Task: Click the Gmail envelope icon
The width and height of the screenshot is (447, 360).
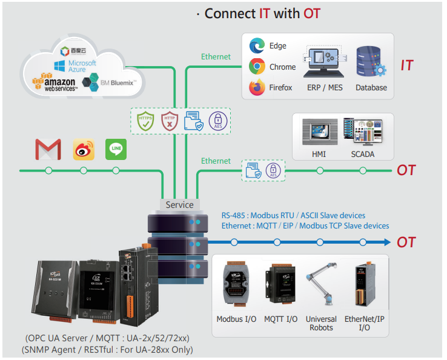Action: (x=48, y=149)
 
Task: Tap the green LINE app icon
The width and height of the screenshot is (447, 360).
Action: (x=116, y=149)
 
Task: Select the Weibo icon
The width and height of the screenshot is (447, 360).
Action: (x=84, y=149)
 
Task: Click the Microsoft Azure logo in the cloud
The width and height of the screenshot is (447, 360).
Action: (x=75, y=65)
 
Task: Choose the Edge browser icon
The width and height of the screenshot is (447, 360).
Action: (x=257, y=46)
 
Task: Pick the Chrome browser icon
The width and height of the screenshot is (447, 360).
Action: (x=257, y=67)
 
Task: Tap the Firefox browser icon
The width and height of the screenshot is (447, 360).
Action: (x=257, y=87)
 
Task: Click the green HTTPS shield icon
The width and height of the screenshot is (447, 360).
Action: (x=145, y=121)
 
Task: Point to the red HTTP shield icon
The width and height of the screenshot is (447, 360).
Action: (x=169, y=121)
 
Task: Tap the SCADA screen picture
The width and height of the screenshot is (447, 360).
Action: (x=362, y=132)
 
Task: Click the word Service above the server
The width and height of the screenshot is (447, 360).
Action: (x=180, y=205)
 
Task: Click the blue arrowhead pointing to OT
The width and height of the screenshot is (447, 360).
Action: (x=385, y=242)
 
